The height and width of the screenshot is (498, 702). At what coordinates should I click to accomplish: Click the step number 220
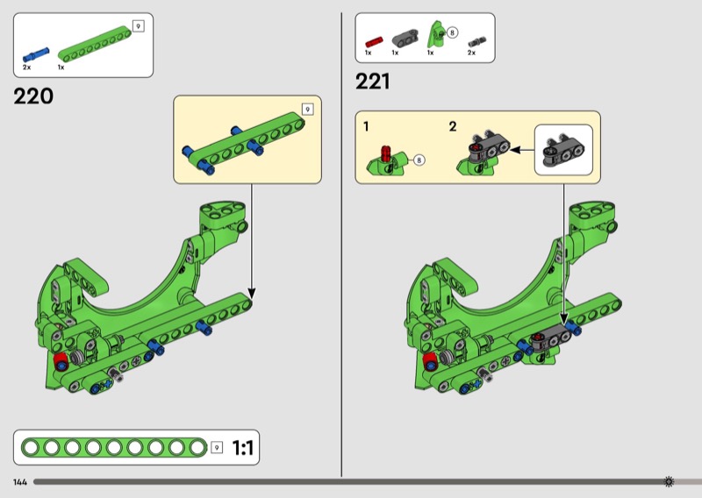(x=33, y=96)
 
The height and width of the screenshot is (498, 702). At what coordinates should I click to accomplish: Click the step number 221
(x=372, y=82)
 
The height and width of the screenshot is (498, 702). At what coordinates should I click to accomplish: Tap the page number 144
(x=20, y=482)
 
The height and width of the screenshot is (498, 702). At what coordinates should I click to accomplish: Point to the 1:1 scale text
(x=243, y=447)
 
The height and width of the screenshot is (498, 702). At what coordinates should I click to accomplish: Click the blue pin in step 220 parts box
(x=36, y=54)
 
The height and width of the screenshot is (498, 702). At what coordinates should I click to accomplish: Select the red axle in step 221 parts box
(x=374, y=42)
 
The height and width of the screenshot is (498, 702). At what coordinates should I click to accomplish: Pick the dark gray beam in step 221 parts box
(x=405, y=38)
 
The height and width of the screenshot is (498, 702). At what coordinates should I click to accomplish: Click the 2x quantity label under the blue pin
(x=27, y=68)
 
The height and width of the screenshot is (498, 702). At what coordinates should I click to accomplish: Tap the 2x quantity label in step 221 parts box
(x=471, y=53)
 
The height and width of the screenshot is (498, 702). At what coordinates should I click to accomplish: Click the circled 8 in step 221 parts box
(x=452, y=32)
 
